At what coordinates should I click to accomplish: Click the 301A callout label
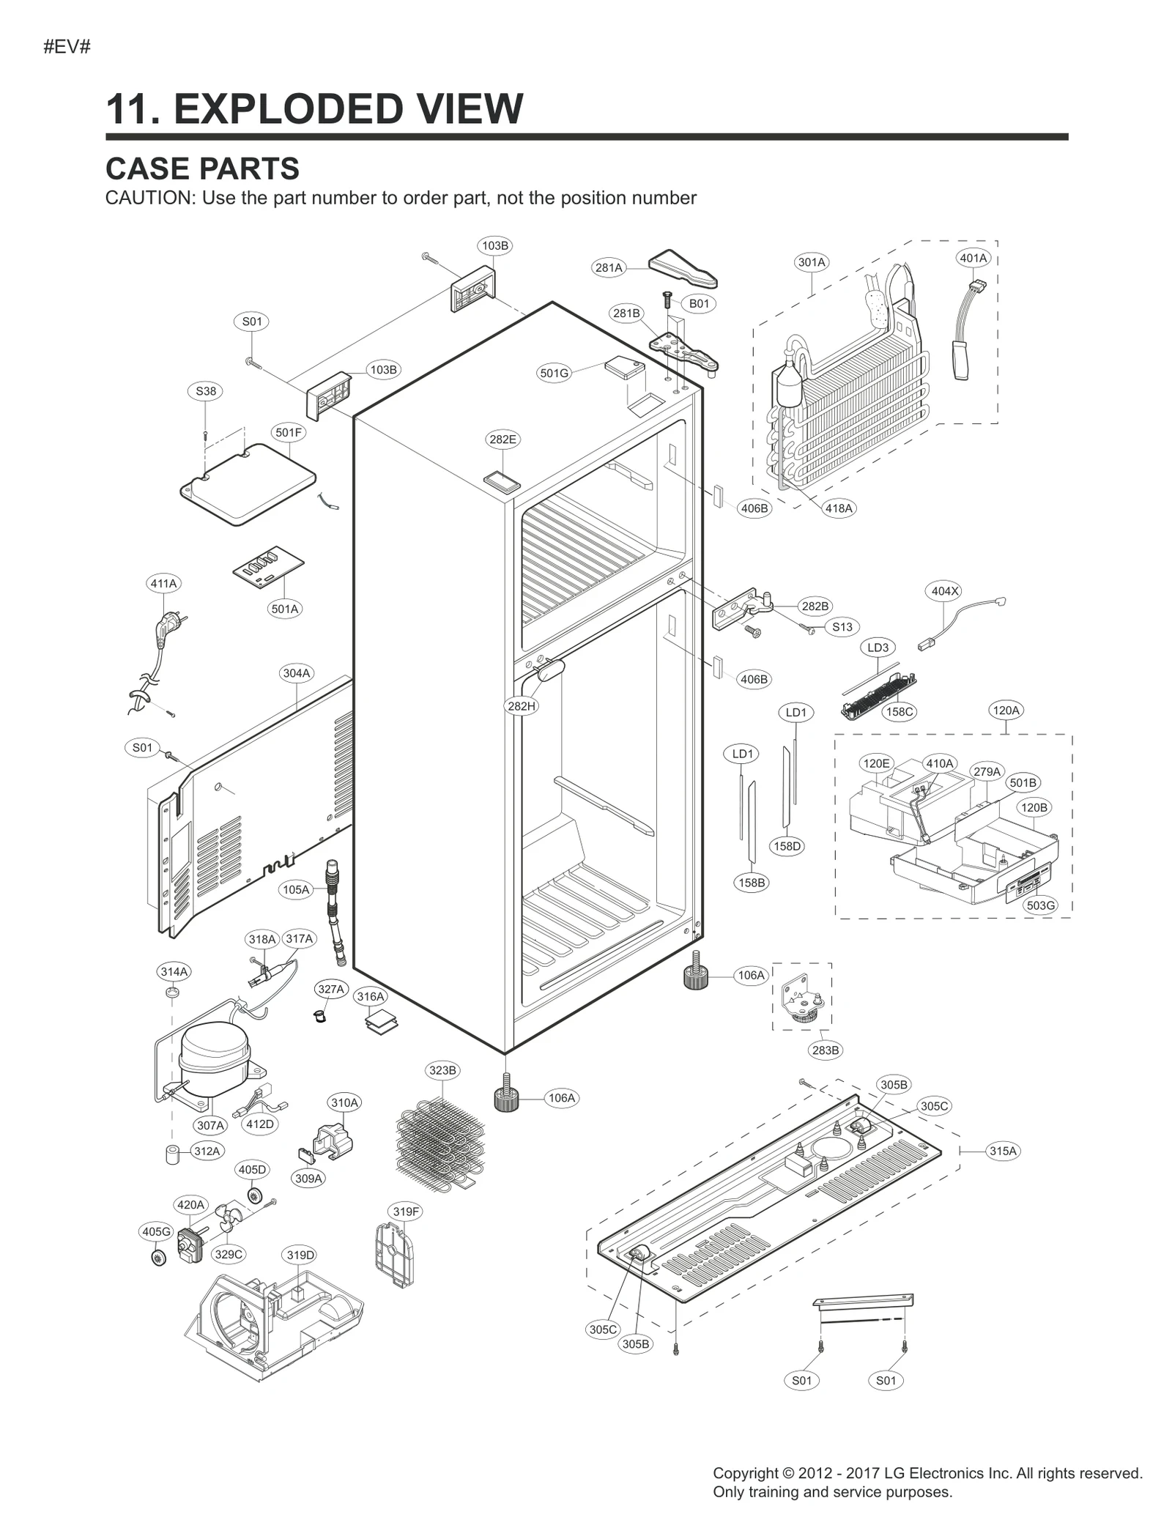(811, 262)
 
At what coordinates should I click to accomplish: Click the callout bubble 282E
(502, 439)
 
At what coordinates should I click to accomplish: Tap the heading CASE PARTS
(202, 168)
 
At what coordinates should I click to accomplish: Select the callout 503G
(1040, 905)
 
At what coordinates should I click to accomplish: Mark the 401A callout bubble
(973, 258)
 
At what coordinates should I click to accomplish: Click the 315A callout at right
(1003, 1151)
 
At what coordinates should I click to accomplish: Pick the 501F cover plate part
(248, 485)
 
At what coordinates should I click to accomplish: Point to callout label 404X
(944, 591)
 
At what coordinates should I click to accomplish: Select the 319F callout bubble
(406, 1212)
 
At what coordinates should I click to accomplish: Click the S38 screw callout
(206, 391)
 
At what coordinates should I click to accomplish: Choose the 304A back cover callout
(296, 673)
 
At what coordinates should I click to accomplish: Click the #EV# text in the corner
(67, 48)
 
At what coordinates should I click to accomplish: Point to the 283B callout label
(825, 1050)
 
